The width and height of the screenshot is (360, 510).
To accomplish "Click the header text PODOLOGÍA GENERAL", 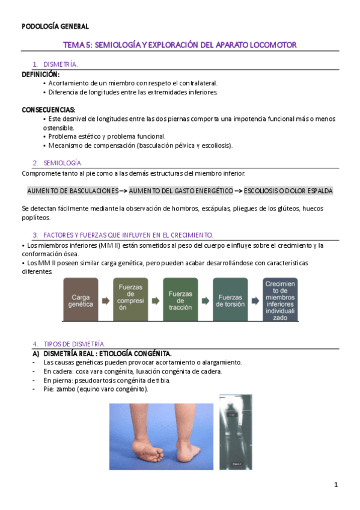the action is pyautogui.click(x=55, y=26).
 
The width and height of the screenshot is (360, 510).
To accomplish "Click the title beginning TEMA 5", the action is pyautogui.click(x=180, y=45).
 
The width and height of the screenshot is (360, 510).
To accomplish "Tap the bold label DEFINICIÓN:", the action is pyautogui.click(x=41, y=74).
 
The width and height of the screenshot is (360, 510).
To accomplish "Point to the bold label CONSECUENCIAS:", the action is pyautogui.click(x=49, y=110).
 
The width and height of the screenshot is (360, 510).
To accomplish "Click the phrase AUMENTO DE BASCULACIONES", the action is pyautogui.click(x=73, y=191).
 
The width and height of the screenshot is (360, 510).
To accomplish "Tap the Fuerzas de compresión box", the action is pyautogui.click(x=130, y=300).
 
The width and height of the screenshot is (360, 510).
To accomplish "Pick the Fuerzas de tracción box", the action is pyautogui.click(x=180, y=300).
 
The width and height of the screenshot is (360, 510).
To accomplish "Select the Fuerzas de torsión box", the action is pyautogui.click(x=230, y=300).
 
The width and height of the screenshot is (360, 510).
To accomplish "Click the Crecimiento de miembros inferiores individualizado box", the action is pyautogui.click(x=281, y=300).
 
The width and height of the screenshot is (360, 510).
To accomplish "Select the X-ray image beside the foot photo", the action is pyautogui.click(x=236, y=432).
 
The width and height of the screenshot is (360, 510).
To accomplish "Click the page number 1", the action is pyautogui.click(x=336, y=485).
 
